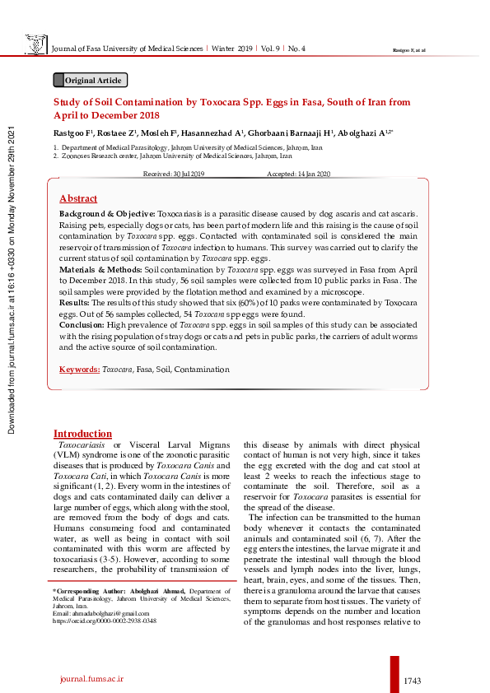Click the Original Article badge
pyautogui.click(x=90, y=80)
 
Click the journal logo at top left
pyautogui.click(x=35, y=46)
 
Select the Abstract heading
pyautogui.click(x=78, y=198)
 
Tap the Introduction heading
pyautogui.click(x=82, y=434)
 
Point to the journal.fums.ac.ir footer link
pyautogui.click(x=91, y=677)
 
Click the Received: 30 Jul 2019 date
pyautogui.click(x=174, y=174)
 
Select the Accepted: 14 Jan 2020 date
pyautogui.click(x=298, y=174)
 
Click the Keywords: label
pyautogui.click(x=79, y=370)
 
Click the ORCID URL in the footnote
pyautogui.click(x=105, y=621)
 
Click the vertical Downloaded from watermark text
pyautogui.click(x=12, y=280)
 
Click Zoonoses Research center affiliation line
pyautogui.click(x=175, y=155)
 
